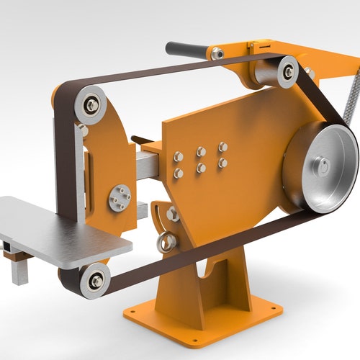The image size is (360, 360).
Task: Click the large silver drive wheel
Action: [320, 168]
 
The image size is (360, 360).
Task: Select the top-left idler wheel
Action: [91, 104]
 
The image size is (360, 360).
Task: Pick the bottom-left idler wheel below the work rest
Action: [95, 280]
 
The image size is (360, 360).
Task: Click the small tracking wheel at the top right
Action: [287, 72]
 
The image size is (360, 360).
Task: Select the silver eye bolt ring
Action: [166, 241]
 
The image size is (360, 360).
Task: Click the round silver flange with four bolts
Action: [120, 198]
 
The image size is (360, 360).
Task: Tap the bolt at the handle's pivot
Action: [217, 53]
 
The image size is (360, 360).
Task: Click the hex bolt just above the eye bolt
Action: [173, 214]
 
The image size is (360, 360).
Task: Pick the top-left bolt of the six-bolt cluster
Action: [179, 156]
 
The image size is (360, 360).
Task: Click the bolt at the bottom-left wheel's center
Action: [95, 280]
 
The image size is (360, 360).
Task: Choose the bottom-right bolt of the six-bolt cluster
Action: [222, 163]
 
